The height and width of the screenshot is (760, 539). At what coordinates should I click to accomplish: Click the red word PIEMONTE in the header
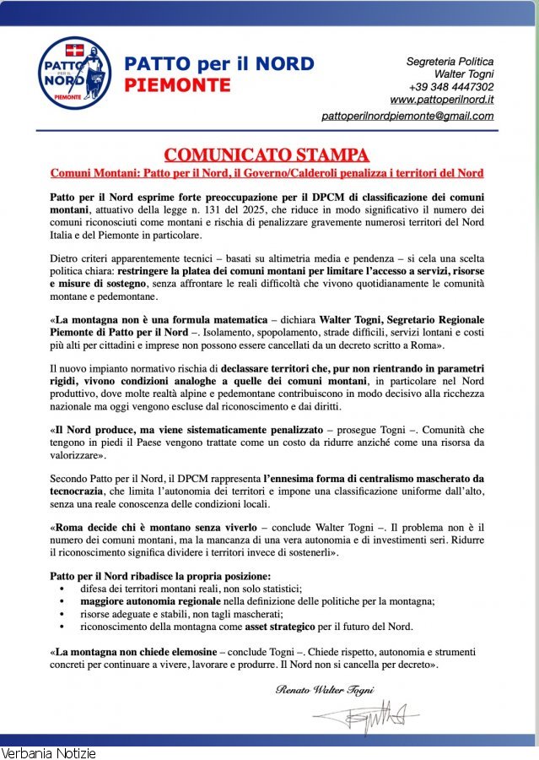[x=177, y=85]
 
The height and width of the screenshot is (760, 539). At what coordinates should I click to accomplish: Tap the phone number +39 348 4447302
[x=451, y=87]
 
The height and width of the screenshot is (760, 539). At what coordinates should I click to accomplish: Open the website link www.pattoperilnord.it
[x=442, y=100]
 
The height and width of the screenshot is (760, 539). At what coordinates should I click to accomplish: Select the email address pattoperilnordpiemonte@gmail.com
[x=408, y=116]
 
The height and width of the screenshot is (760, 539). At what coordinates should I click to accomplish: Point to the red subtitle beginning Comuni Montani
[x=267, y=173]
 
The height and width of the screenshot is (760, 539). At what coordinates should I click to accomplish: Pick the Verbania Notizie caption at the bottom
[x=48, y=752]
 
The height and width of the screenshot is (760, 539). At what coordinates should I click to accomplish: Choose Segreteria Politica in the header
[x=450, y=62]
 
